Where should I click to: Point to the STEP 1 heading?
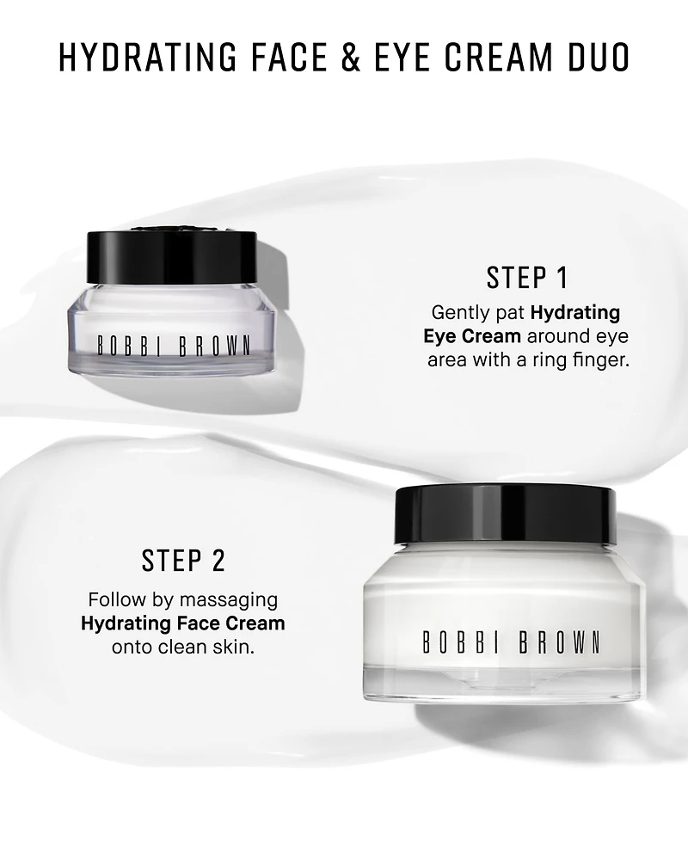click(x=527, y=278)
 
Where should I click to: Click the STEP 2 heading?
click(x=183, y=561)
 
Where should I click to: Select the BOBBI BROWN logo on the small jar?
click(x=173, y=347)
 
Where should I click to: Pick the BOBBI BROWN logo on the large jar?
click(x=510, y=642)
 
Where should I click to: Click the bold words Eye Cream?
click(x=471, y=335)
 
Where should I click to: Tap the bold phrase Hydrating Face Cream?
click(x=183, y=623)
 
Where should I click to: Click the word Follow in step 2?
click(x=113, y=599)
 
